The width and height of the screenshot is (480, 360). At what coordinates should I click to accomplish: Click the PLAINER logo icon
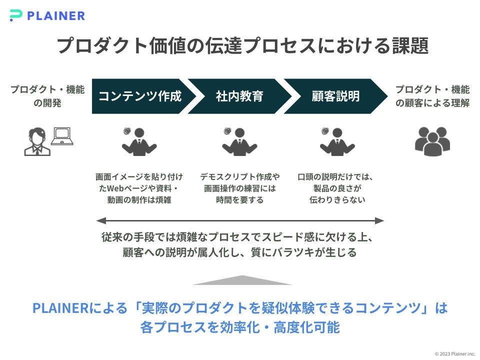coord(16,15)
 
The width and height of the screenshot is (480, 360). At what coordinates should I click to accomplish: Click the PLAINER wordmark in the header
coord(56,15)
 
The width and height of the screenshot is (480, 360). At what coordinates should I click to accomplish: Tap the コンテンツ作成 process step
coord(139,96)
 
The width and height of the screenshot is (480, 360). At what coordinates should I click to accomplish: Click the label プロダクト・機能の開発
coord(47,96)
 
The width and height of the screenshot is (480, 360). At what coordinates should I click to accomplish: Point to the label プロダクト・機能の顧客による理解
coord(432,96)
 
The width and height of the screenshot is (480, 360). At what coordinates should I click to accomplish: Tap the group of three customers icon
coord(432,141)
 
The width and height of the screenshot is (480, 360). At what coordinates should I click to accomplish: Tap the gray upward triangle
coord(242,280)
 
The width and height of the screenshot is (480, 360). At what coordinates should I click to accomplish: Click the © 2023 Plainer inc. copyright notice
coord(454,353)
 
